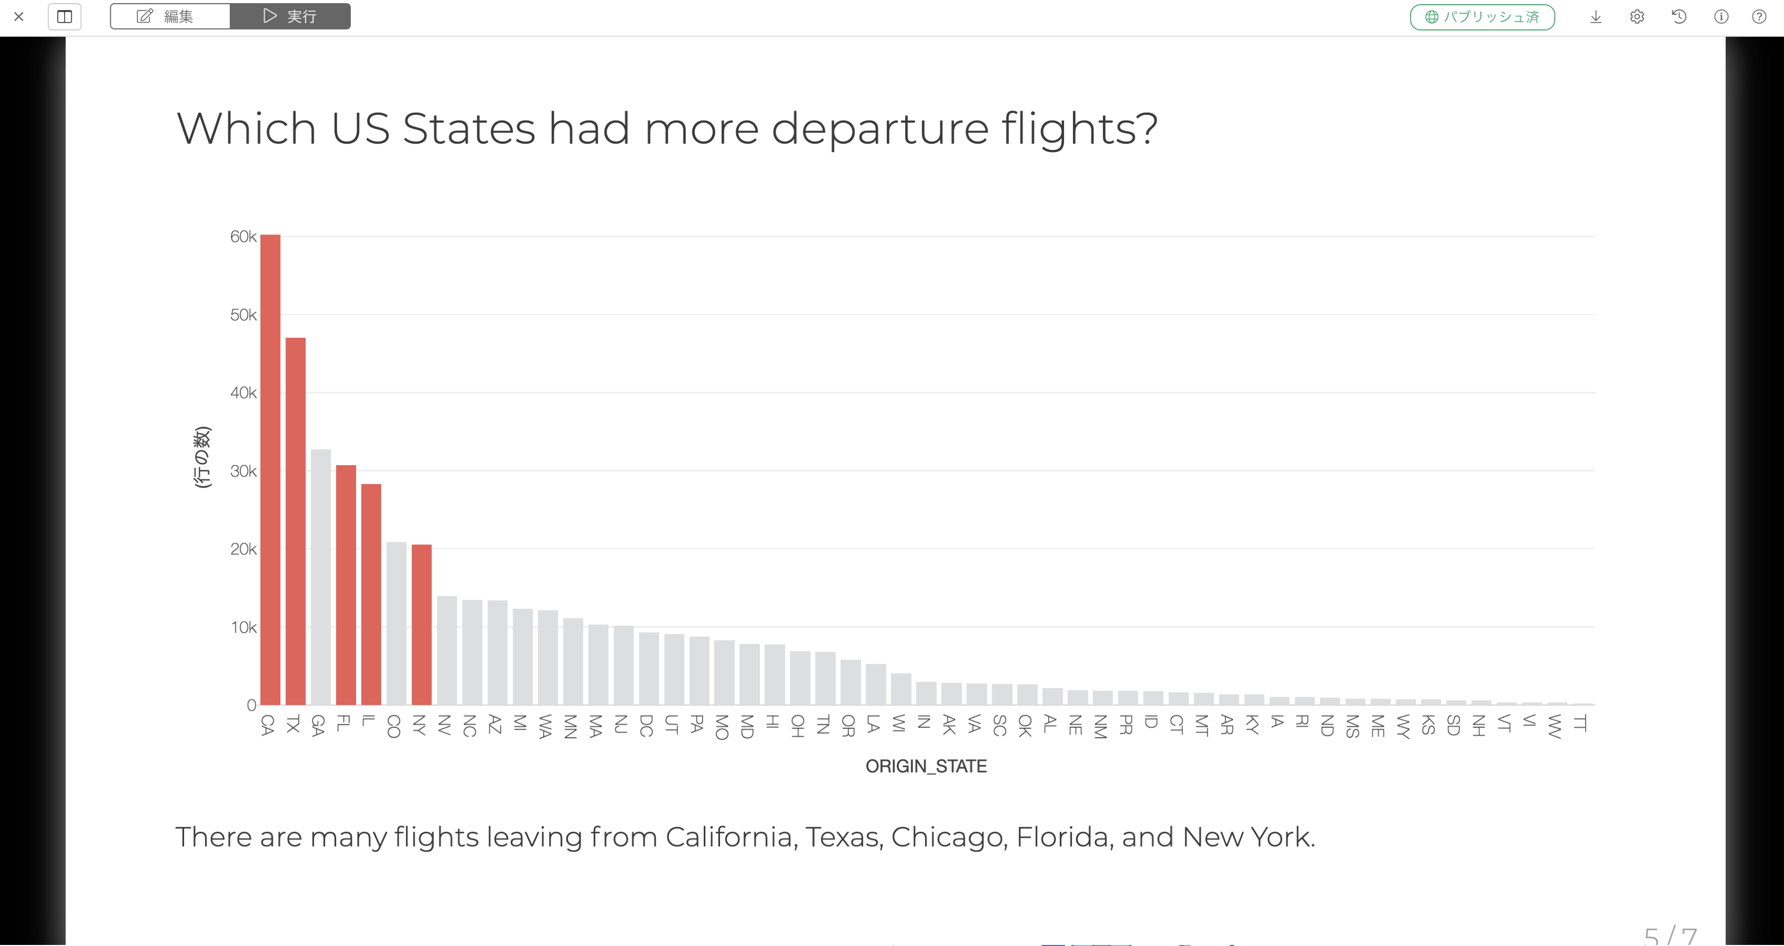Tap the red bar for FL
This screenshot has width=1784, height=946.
[346, 585]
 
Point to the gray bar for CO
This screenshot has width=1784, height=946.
[396, 623]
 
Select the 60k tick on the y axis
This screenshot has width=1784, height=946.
[243, 237]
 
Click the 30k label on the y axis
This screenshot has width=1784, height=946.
[243, 471]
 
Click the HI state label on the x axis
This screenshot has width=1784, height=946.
[773, 722]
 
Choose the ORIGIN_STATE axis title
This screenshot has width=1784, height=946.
[926, 766]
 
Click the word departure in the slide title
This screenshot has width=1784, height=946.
[879, 129]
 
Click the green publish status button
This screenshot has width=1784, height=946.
[1482, 17]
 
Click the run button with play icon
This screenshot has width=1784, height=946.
[290, 16]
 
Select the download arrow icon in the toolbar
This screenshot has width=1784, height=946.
[1596, 17]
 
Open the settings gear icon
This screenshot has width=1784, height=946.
[1637, 17]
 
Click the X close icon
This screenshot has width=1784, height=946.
[19, 17]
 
